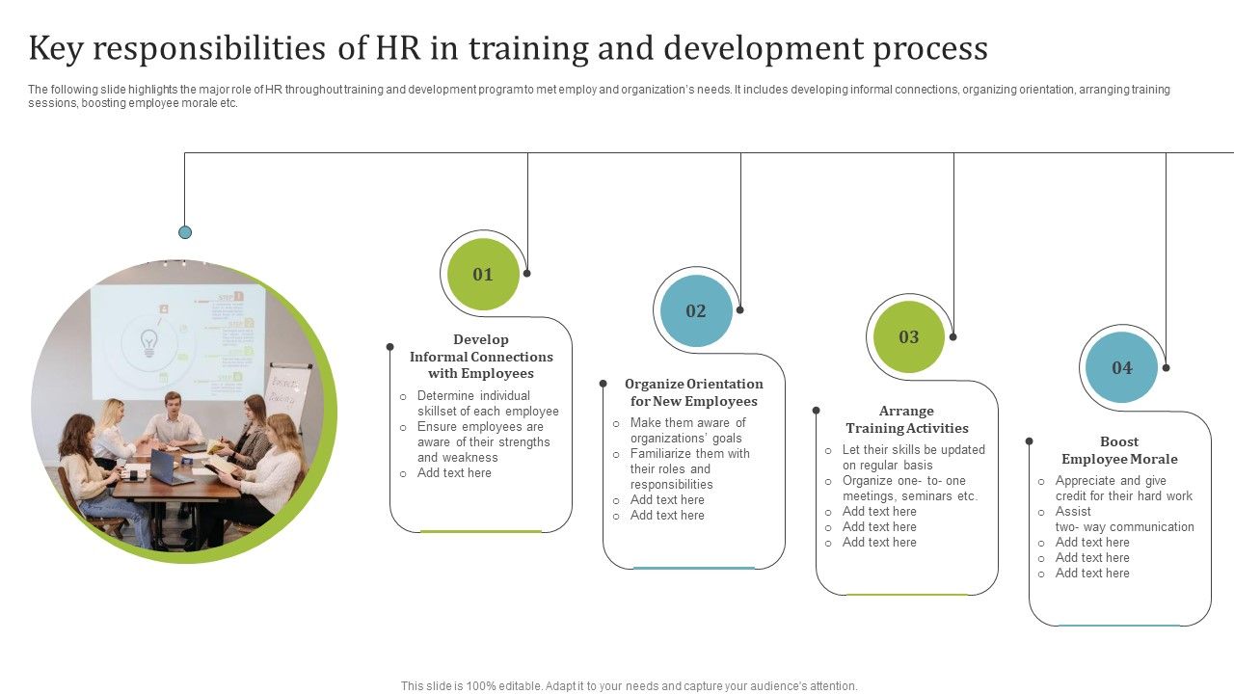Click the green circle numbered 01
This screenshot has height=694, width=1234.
483,275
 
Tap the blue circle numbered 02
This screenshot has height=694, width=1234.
696,310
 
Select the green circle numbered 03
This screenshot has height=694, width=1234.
909,337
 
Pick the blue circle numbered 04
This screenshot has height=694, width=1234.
1121,367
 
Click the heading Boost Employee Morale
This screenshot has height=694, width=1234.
1119,450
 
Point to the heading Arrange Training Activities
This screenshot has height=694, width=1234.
907,419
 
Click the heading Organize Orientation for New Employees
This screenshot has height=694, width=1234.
694,392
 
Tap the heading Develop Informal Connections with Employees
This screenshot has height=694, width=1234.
481,357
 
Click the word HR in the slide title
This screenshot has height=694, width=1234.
398,48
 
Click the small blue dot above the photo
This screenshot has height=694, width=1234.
185,232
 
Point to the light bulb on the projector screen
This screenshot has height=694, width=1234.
148,343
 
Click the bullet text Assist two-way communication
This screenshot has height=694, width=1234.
1124,520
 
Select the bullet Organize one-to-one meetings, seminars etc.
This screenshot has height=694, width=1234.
909,489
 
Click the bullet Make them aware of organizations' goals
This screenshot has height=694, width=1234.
687,430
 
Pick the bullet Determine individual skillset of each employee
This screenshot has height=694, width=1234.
488,403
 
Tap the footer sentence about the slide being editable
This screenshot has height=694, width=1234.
630,686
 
